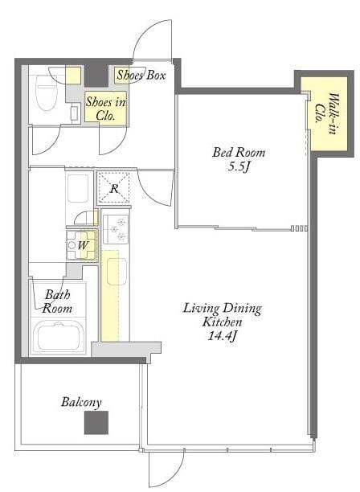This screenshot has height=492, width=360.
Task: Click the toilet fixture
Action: (47, 93)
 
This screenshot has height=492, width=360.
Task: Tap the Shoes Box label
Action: (141, 76)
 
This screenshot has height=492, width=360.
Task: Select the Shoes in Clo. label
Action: (106, 109)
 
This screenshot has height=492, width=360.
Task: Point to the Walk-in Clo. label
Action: (326, 113)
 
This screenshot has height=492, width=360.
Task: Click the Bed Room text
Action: (239, 153)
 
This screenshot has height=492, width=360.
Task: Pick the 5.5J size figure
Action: (239, 167)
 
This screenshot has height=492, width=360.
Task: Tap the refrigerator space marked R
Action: (113, 188)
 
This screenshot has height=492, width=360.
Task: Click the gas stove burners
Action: (116, 229)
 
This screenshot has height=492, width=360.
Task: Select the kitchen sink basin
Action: (117, 272)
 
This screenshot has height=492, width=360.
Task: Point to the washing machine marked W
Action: (81, 245)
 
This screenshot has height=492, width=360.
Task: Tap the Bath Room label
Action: (57, 301)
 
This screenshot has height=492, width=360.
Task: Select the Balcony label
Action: (81, 403)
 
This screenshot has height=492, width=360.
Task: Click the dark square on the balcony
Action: (96, 423)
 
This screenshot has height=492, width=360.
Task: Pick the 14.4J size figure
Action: (222, 336)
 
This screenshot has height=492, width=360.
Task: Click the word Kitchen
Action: (222, 322)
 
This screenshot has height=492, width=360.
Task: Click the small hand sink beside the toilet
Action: (75, 113)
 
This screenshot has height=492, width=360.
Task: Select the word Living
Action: (201, 309)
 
